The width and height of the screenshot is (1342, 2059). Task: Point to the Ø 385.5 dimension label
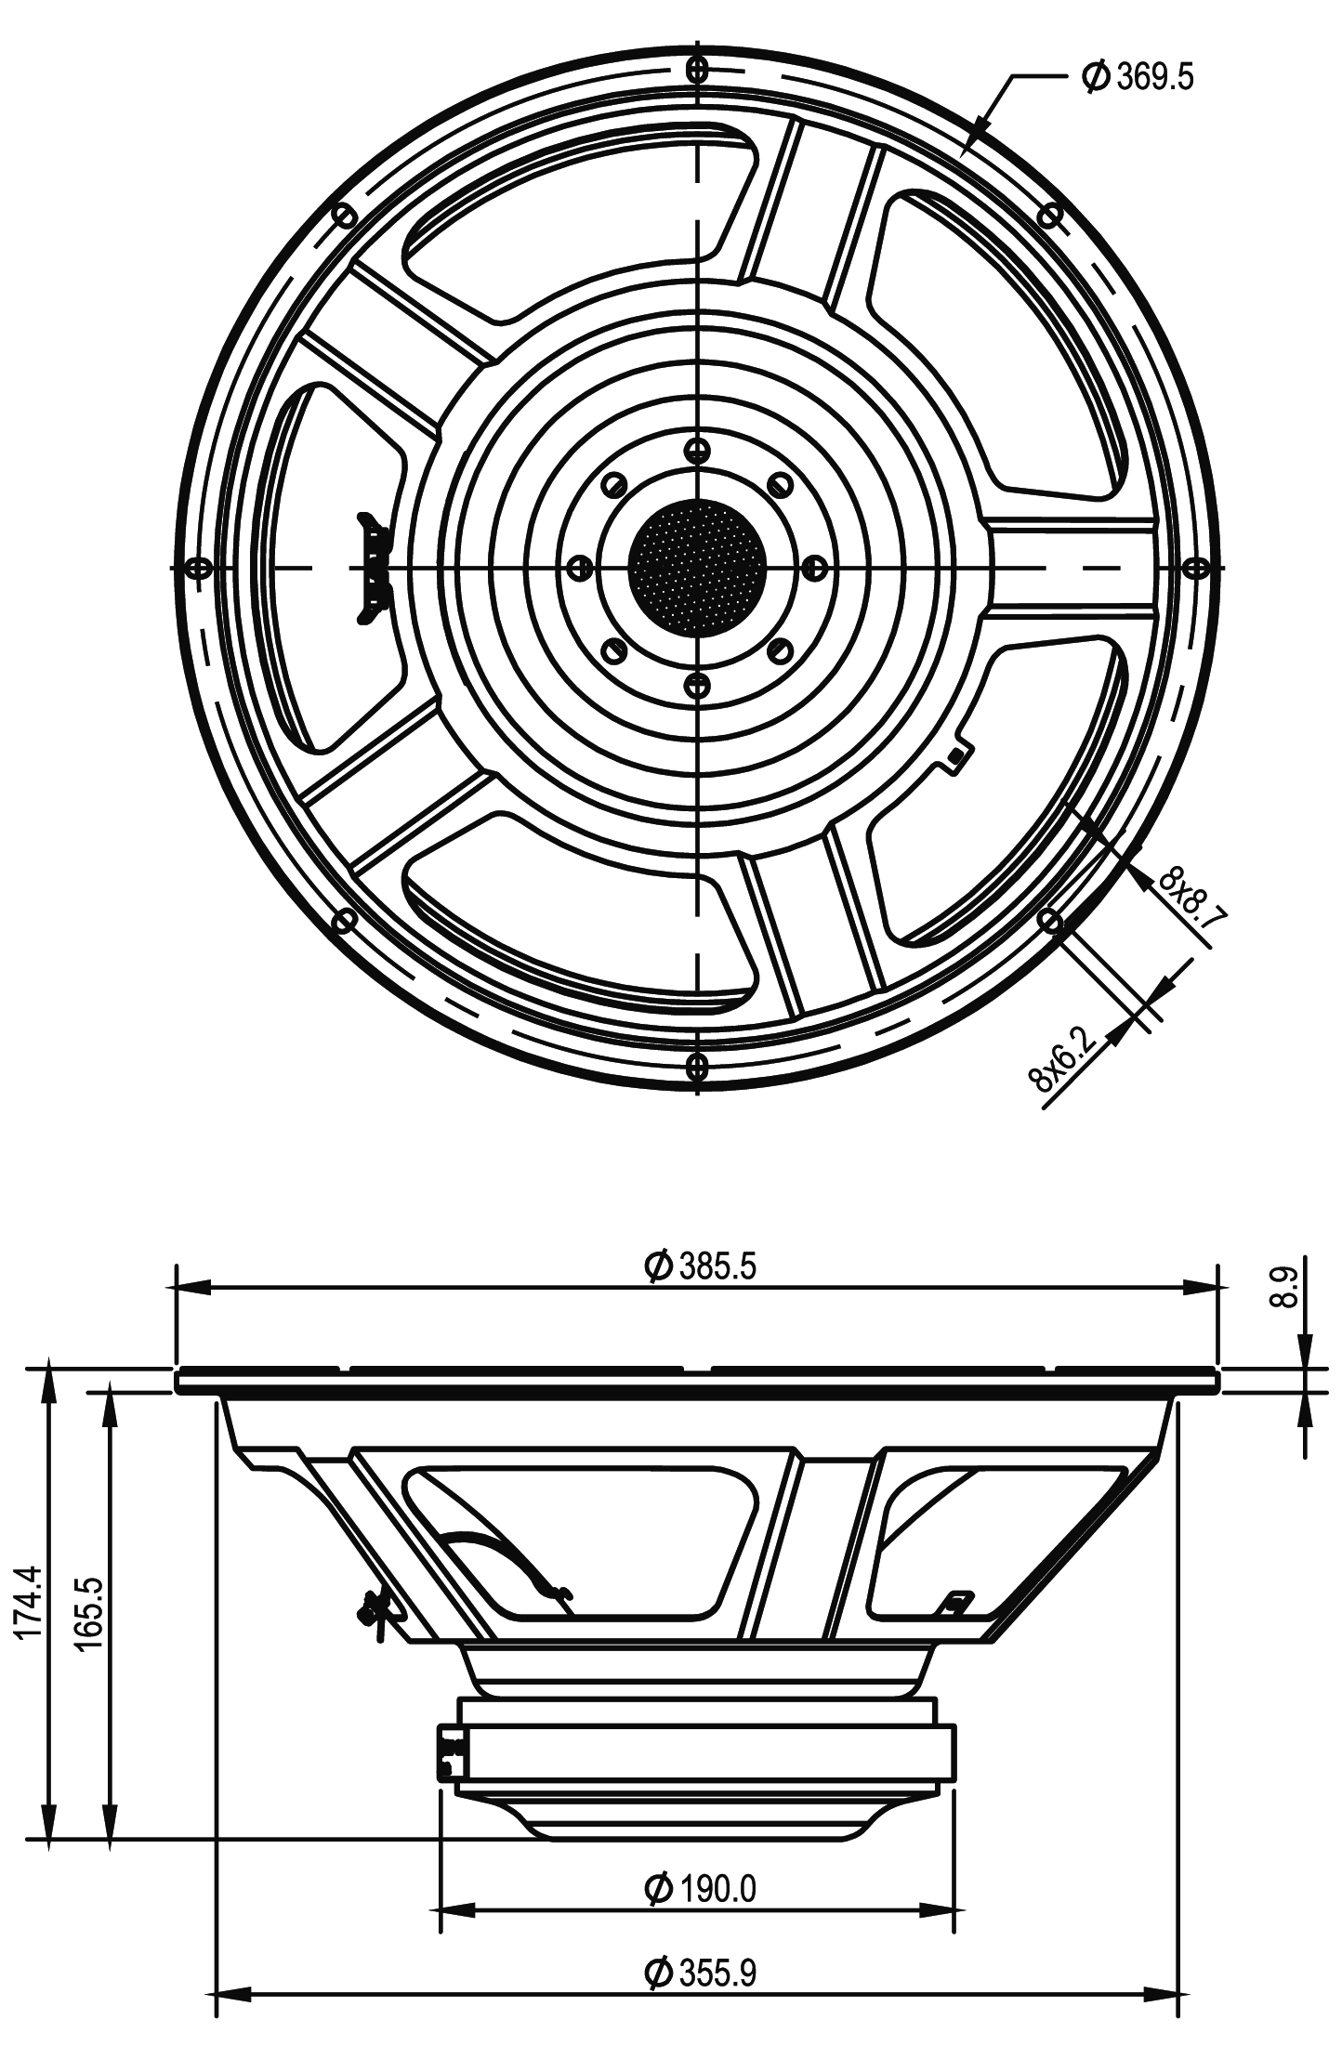699,1266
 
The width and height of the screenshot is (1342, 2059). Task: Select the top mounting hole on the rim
697,68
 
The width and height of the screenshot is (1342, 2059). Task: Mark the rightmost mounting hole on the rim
1197,567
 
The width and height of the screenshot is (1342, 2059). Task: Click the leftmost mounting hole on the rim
197,567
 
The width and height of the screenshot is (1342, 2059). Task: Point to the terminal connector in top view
375,567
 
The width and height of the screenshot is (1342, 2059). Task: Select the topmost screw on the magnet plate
696,450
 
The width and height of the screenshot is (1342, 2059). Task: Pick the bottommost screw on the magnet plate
696,686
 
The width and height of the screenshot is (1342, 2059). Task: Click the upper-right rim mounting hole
1049,215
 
